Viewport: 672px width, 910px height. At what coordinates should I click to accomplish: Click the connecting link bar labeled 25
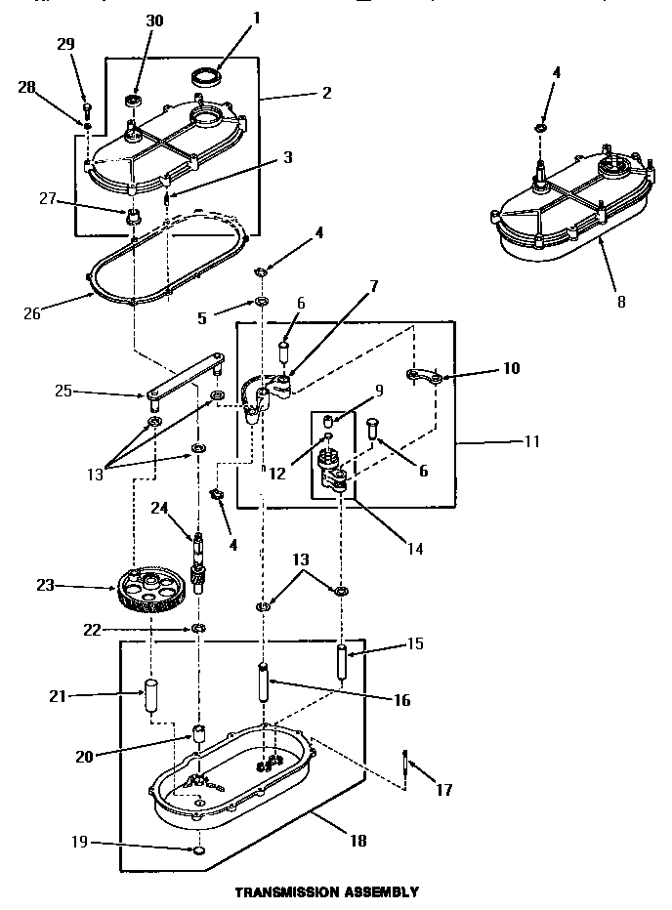(183, 380)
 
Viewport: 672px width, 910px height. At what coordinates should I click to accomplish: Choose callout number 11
(531, 442)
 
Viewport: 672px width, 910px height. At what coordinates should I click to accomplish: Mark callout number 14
(416, 549)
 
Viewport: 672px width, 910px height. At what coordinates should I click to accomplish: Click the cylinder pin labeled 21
(152, 694)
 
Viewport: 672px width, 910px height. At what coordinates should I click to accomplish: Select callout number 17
(445, 789)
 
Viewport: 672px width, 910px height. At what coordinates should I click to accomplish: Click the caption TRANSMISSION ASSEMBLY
(326, 891)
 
